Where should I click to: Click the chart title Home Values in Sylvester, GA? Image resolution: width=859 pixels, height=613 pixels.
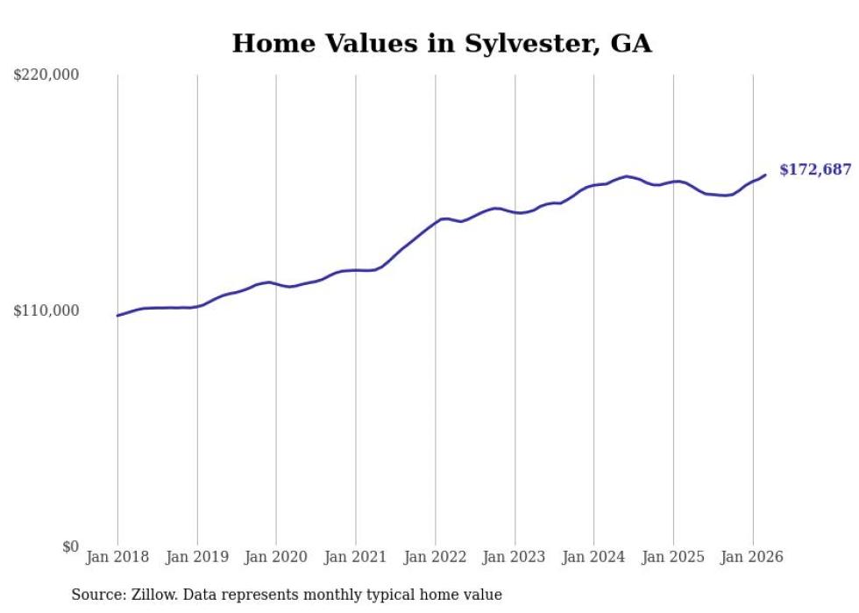point(442,44)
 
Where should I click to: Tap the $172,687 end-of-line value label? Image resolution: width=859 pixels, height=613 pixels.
point(814,170)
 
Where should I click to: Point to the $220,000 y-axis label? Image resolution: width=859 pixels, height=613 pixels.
point(46,75)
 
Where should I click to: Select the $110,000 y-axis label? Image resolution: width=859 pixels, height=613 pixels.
point(46,310)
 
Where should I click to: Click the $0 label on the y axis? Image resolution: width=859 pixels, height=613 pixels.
point(70,546)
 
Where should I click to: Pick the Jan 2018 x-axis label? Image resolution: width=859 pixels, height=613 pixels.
point(117,557)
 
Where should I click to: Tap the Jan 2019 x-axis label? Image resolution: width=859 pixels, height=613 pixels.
point(197,557)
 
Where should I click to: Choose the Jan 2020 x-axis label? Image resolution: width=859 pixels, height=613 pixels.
point(276,557)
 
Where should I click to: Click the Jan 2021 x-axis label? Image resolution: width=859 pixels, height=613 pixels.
point(356,557)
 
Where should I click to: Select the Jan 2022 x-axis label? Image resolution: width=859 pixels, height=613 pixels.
point(436,557)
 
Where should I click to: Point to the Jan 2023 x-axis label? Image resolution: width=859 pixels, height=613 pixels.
point(515,557)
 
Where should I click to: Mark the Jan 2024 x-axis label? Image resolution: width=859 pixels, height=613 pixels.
point(594,557)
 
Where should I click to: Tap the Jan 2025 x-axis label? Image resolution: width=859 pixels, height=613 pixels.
point(673,557)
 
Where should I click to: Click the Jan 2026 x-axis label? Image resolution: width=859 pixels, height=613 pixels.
point(753,557)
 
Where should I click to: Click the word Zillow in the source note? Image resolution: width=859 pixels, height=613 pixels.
point(153,595)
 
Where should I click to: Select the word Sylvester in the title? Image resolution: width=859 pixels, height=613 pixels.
point(529,44)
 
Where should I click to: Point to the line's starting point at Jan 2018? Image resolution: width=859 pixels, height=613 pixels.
point(117,316)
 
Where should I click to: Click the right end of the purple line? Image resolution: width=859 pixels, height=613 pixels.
point(765,175)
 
